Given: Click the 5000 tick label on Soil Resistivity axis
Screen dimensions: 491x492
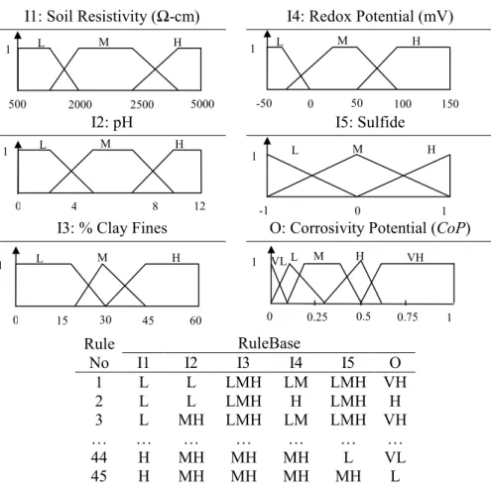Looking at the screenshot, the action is (x=202, y=104).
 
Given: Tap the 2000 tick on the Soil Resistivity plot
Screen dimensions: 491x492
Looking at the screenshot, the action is (x=80, y=104).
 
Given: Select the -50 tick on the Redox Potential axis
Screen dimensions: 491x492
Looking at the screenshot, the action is (x=264, y=103).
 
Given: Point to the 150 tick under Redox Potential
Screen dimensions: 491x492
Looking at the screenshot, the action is (x=450, y=103).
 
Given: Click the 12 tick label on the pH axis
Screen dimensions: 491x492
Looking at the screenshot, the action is (x=199, y=206).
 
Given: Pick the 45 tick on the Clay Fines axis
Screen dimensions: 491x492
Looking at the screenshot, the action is (x=148, y=320).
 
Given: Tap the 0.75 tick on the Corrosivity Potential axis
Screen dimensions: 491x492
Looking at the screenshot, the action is (x=408, y=317).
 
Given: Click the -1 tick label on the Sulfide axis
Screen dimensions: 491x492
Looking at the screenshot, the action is (x=264, y=210).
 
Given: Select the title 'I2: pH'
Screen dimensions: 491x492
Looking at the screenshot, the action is (x=112, y=122).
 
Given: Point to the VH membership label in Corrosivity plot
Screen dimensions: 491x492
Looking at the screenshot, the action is (x=416, y=257).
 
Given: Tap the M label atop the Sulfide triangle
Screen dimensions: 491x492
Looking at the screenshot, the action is (x=358, y=149).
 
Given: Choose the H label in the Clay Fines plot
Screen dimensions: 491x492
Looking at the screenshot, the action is (x=177, y=258).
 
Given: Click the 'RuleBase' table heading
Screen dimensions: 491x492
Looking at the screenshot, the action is (x=269, y=343).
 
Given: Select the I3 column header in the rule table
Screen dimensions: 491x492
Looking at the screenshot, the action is (x=243, y=363).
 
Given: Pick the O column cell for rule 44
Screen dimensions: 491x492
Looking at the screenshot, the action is (x=395, y=457).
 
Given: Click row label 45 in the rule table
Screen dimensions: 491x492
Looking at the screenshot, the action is (x=99, y=476).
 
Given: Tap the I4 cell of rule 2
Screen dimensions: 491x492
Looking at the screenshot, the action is (x=296, y=401).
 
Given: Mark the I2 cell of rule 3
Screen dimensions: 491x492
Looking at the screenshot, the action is (x=191, y=420).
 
